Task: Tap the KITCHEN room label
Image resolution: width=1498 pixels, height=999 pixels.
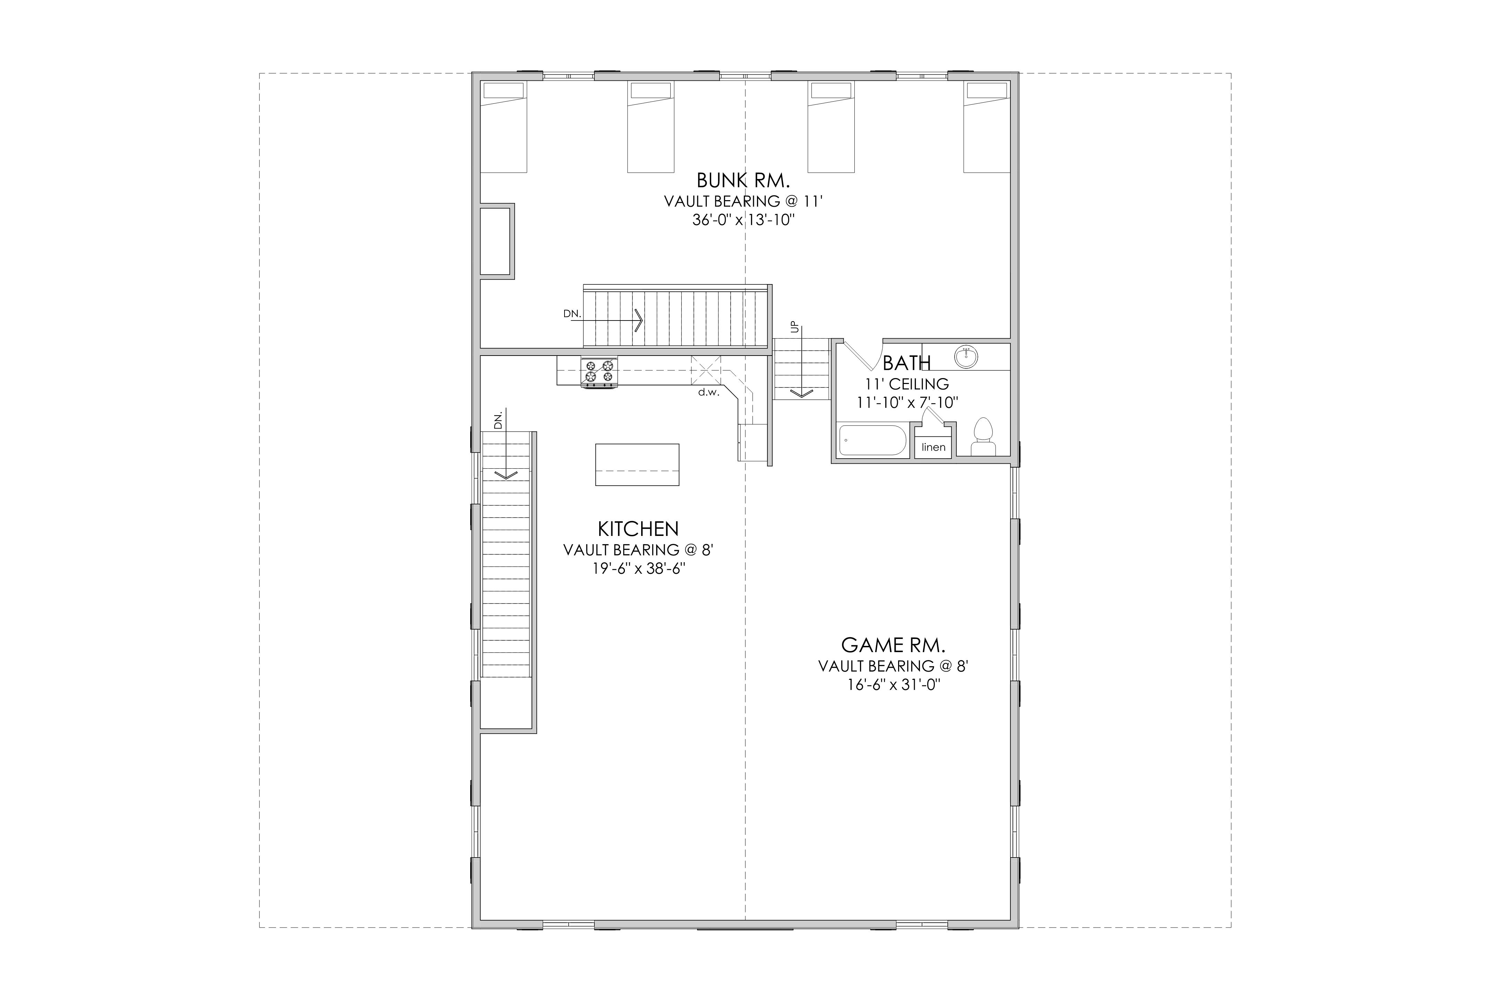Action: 638,529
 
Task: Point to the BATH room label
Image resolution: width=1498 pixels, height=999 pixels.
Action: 906,363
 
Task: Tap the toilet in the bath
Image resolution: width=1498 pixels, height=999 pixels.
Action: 983,436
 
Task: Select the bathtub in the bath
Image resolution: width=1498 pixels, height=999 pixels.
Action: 872,439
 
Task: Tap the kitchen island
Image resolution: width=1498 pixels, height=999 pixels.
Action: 637,464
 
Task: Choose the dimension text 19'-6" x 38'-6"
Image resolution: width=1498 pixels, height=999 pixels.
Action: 638,568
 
